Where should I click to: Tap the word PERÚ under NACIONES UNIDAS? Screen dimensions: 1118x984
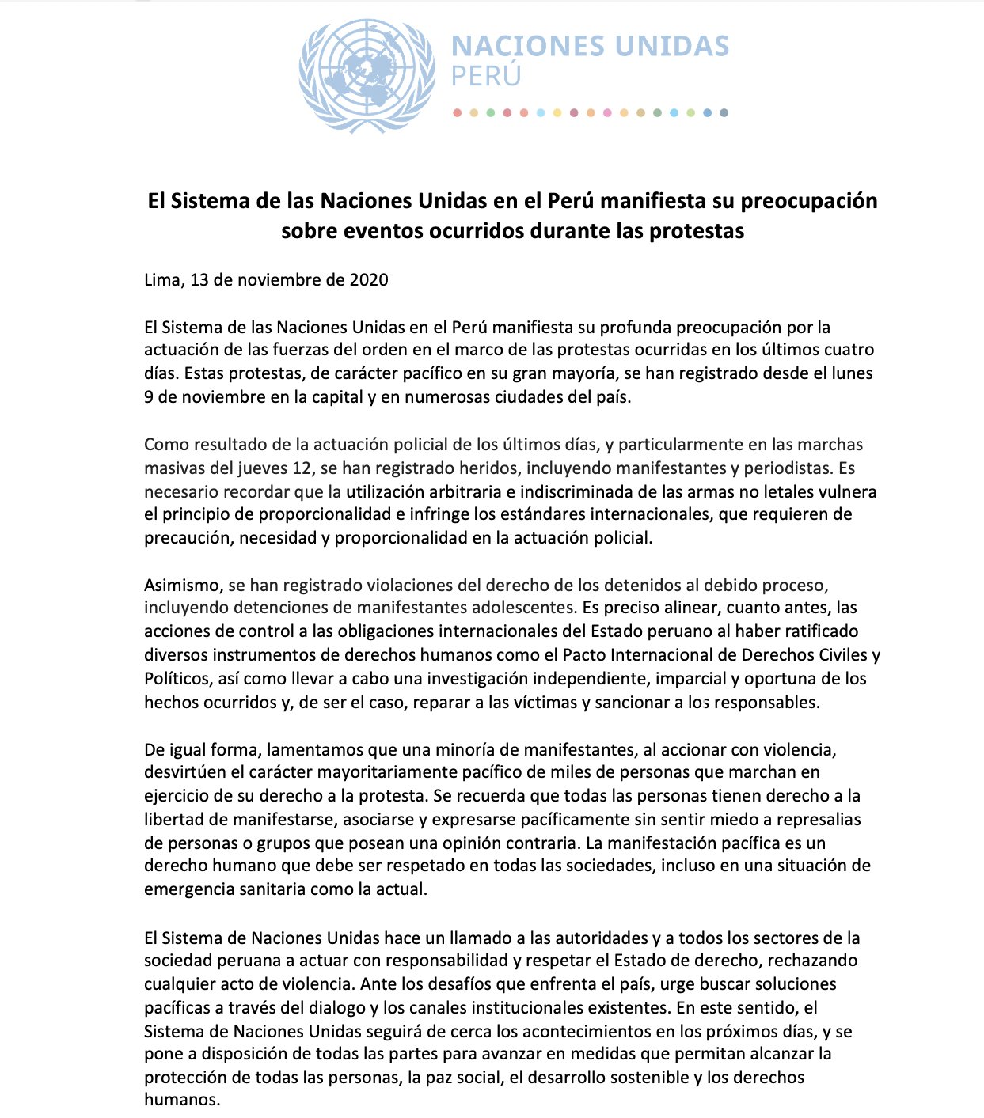point(486,77)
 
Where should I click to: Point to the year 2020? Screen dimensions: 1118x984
point(368,279)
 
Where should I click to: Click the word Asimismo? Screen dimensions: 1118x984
point(182,585)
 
